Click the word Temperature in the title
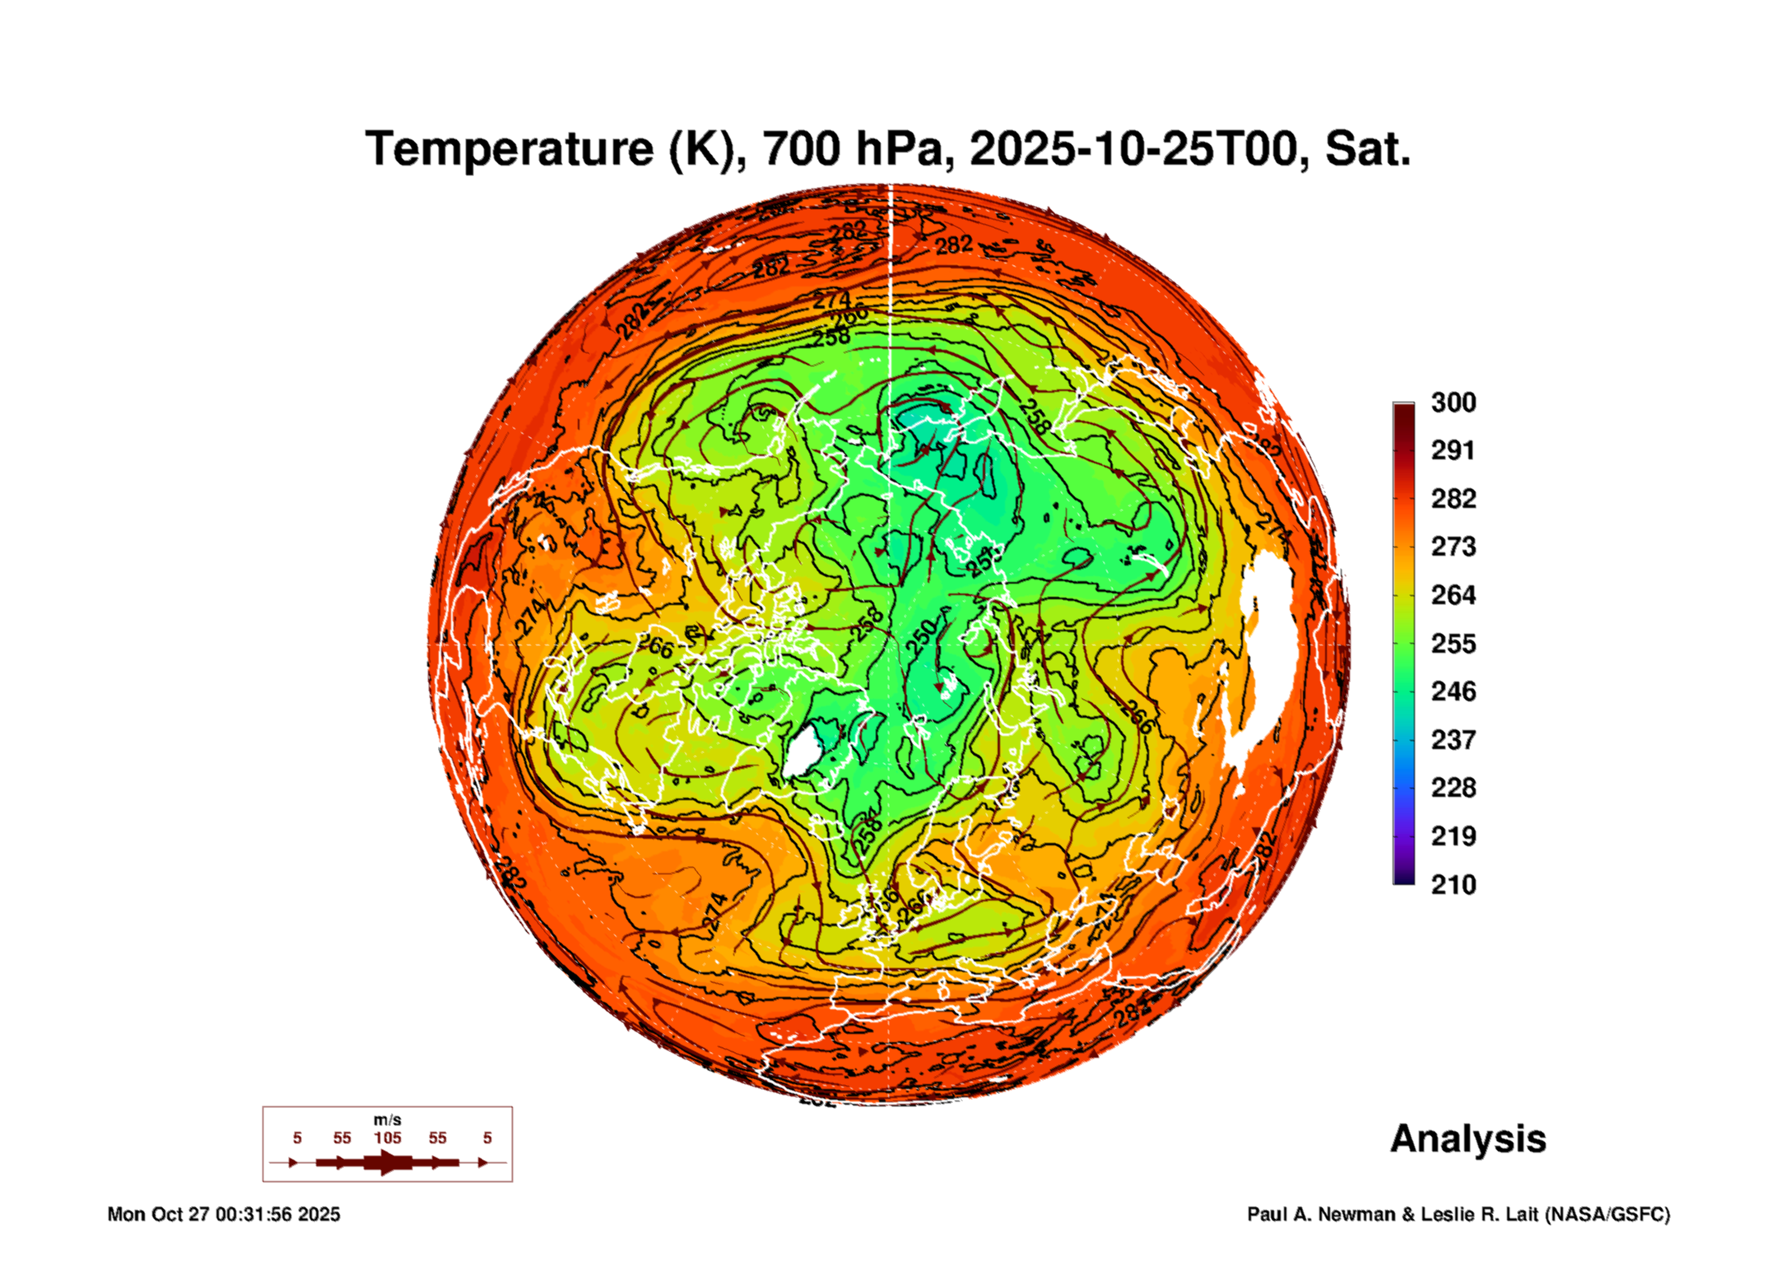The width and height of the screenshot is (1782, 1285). (x=509, y=150)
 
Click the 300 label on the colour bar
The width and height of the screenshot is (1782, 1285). (x=1453, y=403)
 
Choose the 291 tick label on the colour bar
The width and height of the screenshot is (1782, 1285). (x=1453, y=450)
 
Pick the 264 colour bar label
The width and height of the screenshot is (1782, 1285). (x=1453, y=595)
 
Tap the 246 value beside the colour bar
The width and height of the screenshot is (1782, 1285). (x=1453, y=691)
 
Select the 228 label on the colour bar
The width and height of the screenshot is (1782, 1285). (x=1453, y=788)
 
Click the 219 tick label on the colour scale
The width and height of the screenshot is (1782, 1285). (x=1453, y=836)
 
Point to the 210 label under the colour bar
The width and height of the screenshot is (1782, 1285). (x=1453, y=885)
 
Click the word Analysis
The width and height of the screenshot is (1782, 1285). (x=1468, y=1139)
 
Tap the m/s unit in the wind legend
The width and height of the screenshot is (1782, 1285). (x=387, y=1120)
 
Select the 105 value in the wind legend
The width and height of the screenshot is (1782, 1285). (x=388, y=1138)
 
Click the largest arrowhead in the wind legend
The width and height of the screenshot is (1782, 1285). (x=389, y=1162)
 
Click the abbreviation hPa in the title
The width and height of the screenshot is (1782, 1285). (x=905, y=150)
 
